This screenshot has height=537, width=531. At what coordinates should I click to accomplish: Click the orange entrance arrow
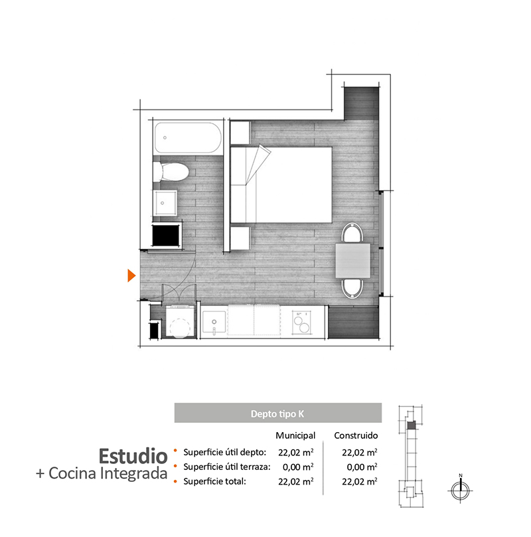tap(131, 275)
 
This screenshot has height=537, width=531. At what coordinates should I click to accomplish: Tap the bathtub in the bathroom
tap(188, 137)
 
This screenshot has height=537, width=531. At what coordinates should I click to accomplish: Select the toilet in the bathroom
tap(171, 172)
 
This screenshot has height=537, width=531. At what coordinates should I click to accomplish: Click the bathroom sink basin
tap(165, 202)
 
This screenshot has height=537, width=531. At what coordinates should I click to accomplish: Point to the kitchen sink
tap(214, 322)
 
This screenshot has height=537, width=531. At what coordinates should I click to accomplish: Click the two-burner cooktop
tap(301, 323)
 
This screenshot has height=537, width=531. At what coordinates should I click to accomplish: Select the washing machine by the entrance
tap(180, 321)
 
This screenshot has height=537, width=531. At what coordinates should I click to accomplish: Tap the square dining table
tap(352, 261)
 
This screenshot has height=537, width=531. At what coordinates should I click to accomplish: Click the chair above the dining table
tap(352, 233)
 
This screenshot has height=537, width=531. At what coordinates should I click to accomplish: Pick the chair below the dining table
tap(352, 288)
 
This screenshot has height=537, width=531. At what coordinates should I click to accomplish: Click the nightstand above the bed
tap(240, 133)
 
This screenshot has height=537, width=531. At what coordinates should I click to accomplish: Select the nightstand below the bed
tap(240, 238)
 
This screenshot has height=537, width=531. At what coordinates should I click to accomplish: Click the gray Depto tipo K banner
tap(278, 413)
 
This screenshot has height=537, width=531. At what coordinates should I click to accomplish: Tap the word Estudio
tap(133, 456)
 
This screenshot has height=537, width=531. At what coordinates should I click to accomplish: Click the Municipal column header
tap(295, 435)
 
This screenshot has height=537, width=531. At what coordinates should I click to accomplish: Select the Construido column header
tap(356, 435)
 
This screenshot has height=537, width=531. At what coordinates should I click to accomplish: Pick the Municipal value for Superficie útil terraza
tap(298, 467)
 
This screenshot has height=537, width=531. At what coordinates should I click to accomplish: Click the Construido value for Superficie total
tap(360, 481)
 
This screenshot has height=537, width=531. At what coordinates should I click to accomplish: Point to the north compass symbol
tap(461, 490)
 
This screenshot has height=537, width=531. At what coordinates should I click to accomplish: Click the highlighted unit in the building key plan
tap(411, 425)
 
